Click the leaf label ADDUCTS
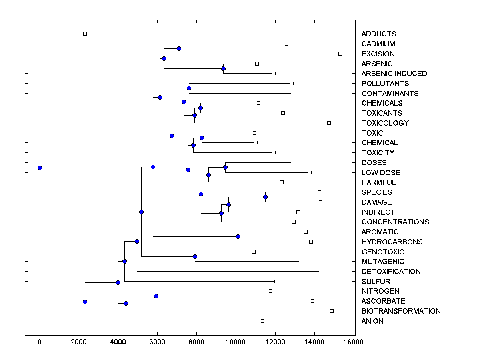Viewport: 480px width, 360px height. [x=378, y=34]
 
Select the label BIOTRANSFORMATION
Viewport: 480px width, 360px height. [x=401, y=311]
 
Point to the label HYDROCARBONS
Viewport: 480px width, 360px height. [x=392, y=242]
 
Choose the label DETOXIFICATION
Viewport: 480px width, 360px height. [x=391, y=272]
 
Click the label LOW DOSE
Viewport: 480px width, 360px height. [x=380, y=173]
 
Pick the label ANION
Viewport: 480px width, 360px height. [x=372, y=321]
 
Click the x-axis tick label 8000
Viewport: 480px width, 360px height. [x=196, y=342]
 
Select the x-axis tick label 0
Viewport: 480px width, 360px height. [x=40, y=342]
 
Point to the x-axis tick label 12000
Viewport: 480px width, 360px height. [x=275, y=342]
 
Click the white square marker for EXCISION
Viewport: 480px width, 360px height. [x=340, y=54]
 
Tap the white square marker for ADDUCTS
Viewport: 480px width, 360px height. [x=85, y=34]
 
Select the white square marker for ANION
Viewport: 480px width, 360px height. [x=262, y=321]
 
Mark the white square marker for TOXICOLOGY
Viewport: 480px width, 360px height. [x=329, y=123]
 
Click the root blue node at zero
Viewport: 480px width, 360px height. [x=40, y=168]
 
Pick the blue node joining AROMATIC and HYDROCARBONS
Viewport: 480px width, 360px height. [x=238, y=237]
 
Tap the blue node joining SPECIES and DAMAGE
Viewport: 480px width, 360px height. [x=265, y=197]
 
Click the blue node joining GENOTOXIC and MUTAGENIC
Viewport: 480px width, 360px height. [x=195, y=256]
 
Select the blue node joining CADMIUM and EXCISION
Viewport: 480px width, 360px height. [x=179, y=49]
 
